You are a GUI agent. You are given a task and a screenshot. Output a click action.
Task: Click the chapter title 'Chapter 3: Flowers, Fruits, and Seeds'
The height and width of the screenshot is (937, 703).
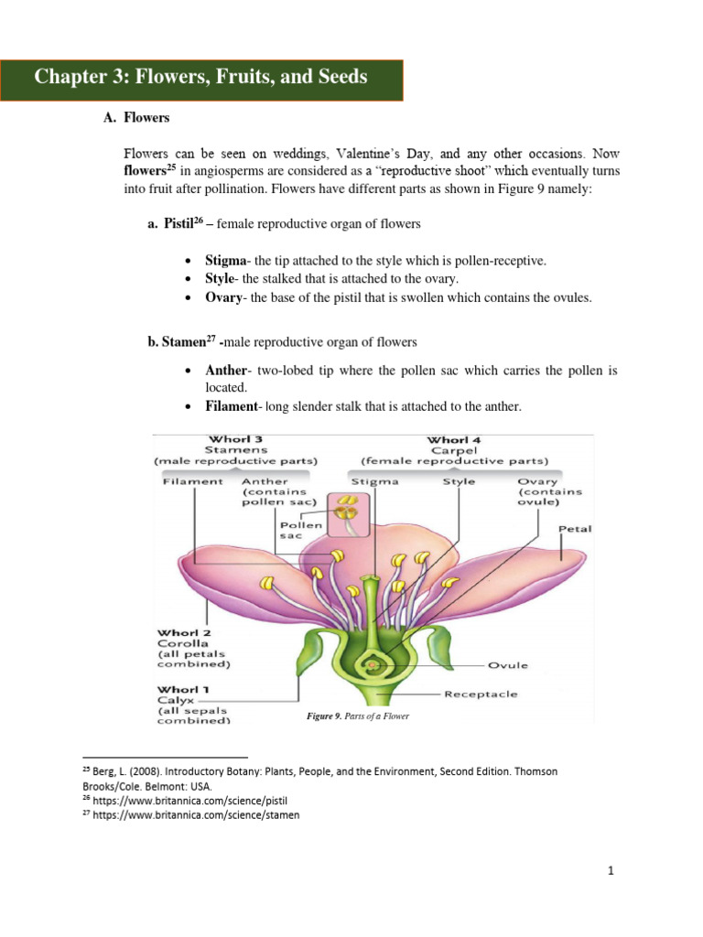tap(201, 77)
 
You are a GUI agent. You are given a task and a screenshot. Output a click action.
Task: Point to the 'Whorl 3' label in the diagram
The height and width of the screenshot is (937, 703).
tap(236, 439)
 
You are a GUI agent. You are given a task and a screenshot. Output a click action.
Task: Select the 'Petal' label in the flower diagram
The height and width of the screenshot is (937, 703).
tap(575, 529)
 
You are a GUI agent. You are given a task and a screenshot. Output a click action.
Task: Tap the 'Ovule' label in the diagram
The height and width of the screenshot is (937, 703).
tap(508, 665)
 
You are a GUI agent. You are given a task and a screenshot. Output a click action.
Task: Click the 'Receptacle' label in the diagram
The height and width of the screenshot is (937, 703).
tap(481, 694)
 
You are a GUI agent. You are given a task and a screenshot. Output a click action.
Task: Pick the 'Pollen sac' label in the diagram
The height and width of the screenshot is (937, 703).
tap(300, 531)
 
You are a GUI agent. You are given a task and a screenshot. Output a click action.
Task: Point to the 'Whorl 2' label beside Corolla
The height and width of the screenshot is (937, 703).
tap(184, 632)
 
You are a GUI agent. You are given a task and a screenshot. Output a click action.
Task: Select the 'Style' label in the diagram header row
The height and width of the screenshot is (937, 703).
tap(459, 481)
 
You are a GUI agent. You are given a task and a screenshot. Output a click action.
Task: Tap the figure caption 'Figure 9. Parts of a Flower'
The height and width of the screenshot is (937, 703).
tap(357, 716)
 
